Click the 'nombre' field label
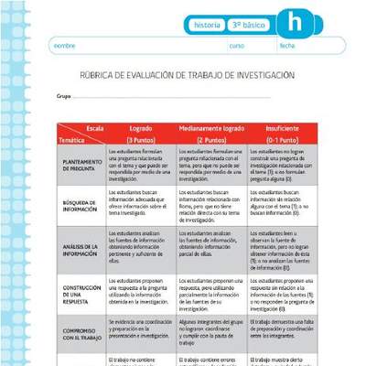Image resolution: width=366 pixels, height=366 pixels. (64, 45)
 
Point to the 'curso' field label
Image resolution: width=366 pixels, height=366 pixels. (237, 45)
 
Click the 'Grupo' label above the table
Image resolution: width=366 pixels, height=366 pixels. (64, 94)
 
